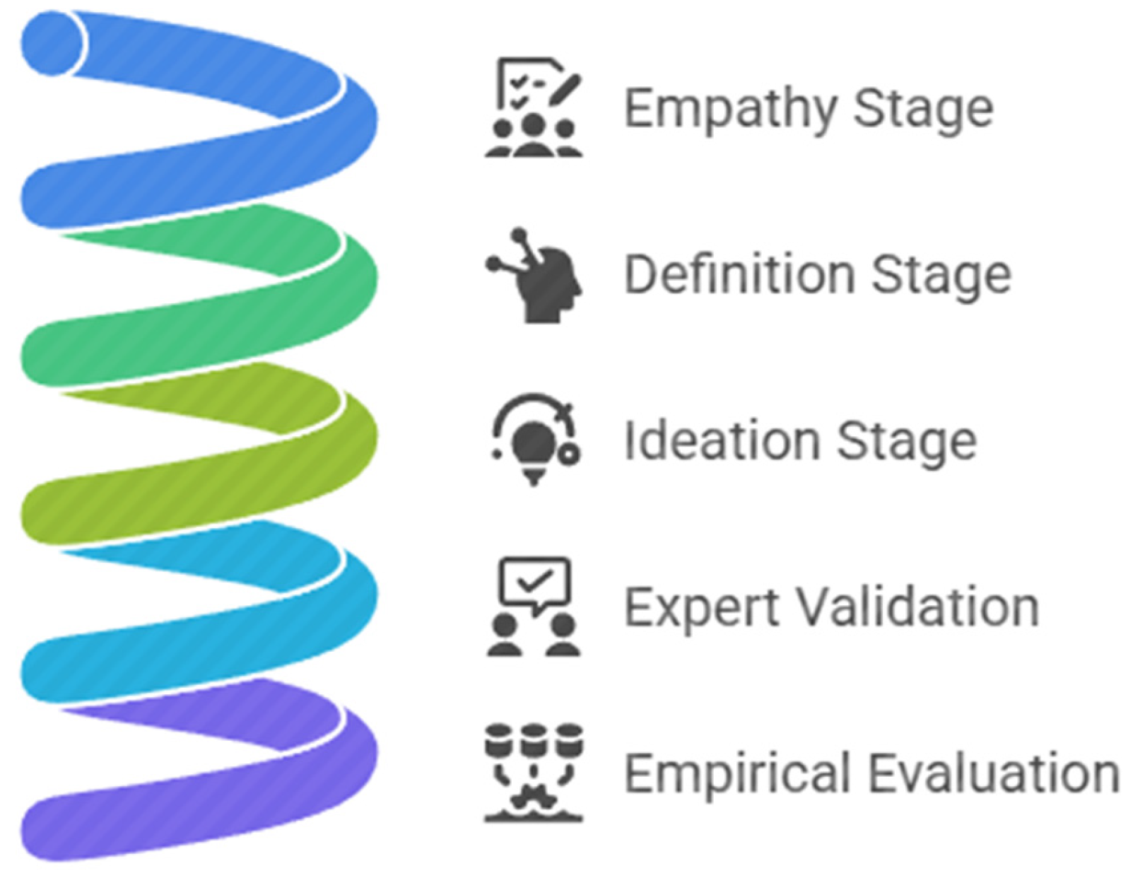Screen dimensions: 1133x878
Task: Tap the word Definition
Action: click(x=739, y=274)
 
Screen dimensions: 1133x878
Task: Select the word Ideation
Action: click(x=722, y=440)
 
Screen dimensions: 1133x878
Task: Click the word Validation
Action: click(x=918, y=606)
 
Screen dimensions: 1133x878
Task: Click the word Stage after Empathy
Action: click(x=924, y=110)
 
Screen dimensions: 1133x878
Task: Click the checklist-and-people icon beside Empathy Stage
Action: click(x=534, y=107)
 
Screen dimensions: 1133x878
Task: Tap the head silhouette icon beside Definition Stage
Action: click(x=534, y=275)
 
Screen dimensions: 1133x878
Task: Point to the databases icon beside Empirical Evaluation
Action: click(x=534, y=773)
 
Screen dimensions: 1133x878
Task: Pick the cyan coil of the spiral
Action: click(x=209, y=614)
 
